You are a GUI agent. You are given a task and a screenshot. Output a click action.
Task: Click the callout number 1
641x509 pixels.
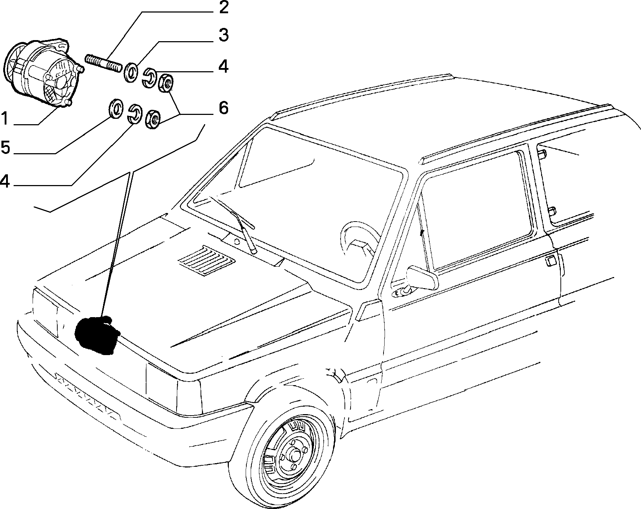(5, 118)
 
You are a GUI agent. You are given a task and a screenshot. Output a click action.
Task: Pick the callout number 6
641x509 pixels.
(223, 107)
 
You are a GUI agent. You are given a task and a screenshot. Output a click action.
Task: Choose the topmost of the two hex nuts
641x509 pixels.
(166, 82)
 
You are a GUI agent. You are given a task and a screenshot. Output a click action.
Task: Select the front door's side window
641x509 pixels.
(476, 211)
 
